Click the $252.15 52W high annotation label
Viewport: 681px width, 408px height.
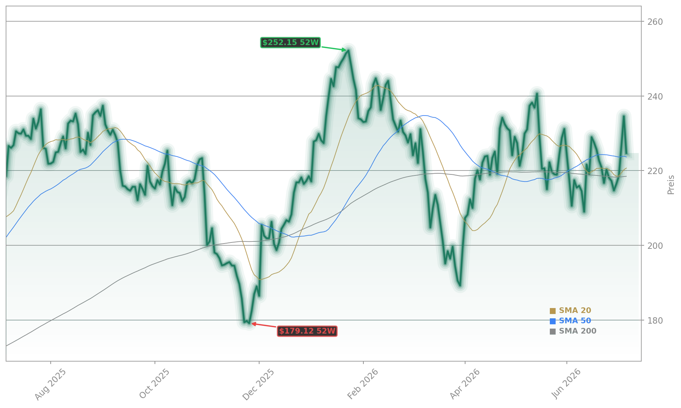(290, 43)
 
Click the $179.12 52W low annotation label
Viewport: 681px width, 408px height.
(307, 331)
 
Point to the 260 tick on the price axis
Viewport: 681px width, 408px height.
(655, 22)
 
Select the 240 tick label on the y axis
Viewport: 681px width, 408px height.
(655, 96)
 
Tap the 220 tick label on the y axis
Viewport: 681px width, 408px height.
(655, 171)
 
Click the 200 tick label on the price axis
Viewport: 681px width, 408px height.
(655, 246)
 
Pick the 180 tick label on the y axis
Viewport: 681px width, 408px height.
(655, 320)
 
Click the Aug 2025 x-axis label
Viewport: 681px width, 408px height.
(50, 384)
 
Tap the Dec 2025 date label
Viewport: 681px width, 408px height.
(258, 384)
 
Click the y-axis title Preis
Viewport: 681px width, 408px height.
(671, 185)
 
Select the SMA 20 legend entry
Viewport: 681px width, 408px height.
(570, 311)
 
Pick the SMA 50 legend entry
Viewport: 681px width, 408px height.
(570, 321)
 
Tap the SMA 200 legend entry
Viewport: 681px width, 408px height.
(573, 331)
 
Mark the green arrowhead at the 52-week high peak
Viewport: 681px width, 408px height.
(344, 50)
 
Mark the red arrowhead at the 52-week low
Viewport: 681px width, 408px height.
(254, 324)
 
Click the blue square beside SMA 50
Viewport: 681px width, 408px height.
(553, 321)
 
